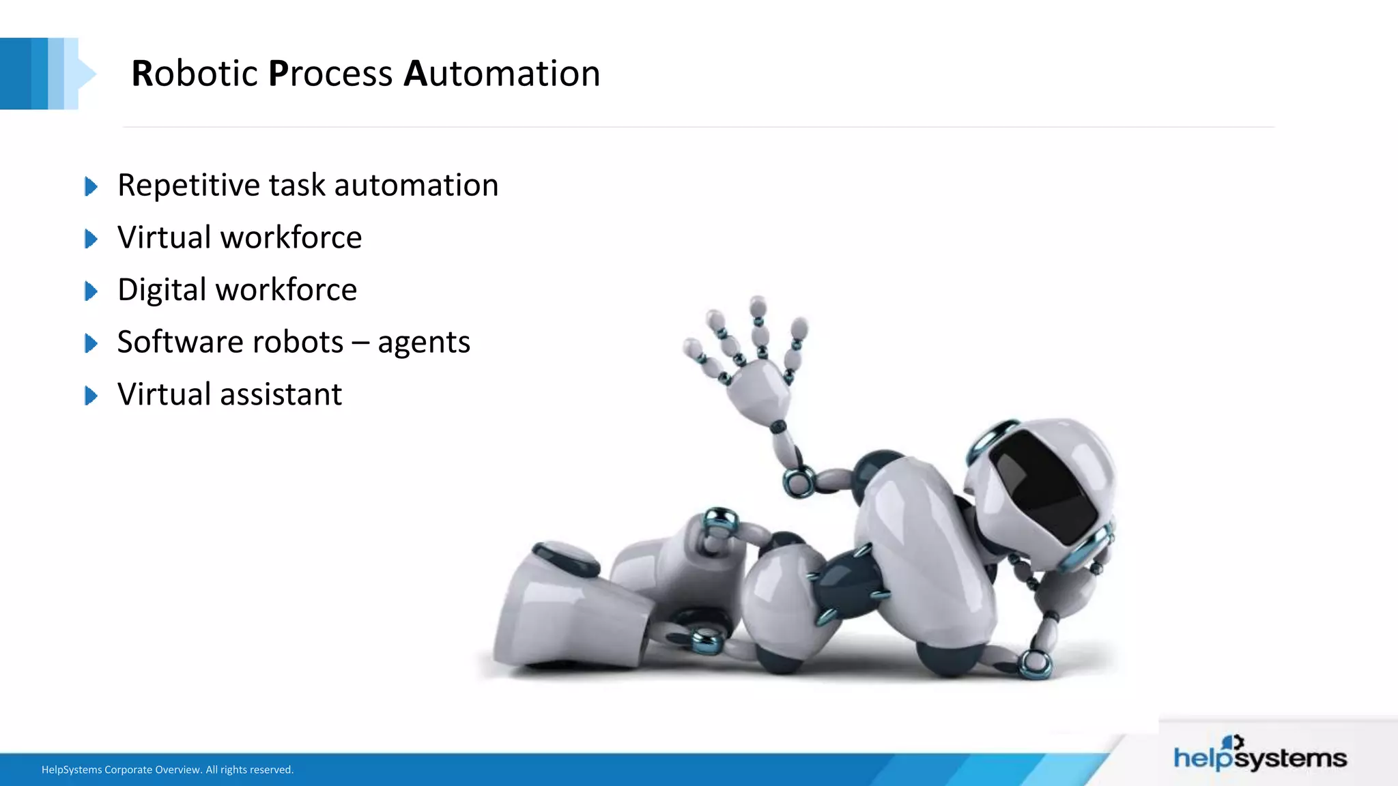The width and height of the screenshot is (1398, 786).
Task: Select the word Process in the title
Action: pos(330,74)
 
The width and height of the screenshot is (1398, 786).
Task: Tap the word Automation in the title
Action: pos(502,74)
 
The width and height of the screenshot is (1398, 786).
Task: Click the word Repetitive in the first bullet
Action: pos(188,186)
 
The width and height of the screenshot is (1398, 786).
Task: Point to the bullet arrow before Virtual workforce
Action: pos(91,239)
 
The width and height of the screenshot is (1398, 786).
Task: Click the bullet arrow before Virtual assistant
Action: pos(91,396)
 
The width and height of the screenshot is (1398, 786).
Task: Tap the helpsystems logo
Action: pos(1259,755)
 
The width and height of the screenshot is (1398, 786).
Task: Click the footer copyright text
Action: pos(167,770)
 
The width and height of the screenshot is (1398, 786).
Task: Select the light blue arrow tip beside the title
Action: pos(87,74)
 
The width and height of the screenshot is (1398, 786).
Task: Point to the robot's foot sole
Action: pos(567,614)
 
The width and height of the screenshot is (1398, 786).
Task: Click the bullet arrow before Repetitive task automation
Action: pos(91,186)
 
